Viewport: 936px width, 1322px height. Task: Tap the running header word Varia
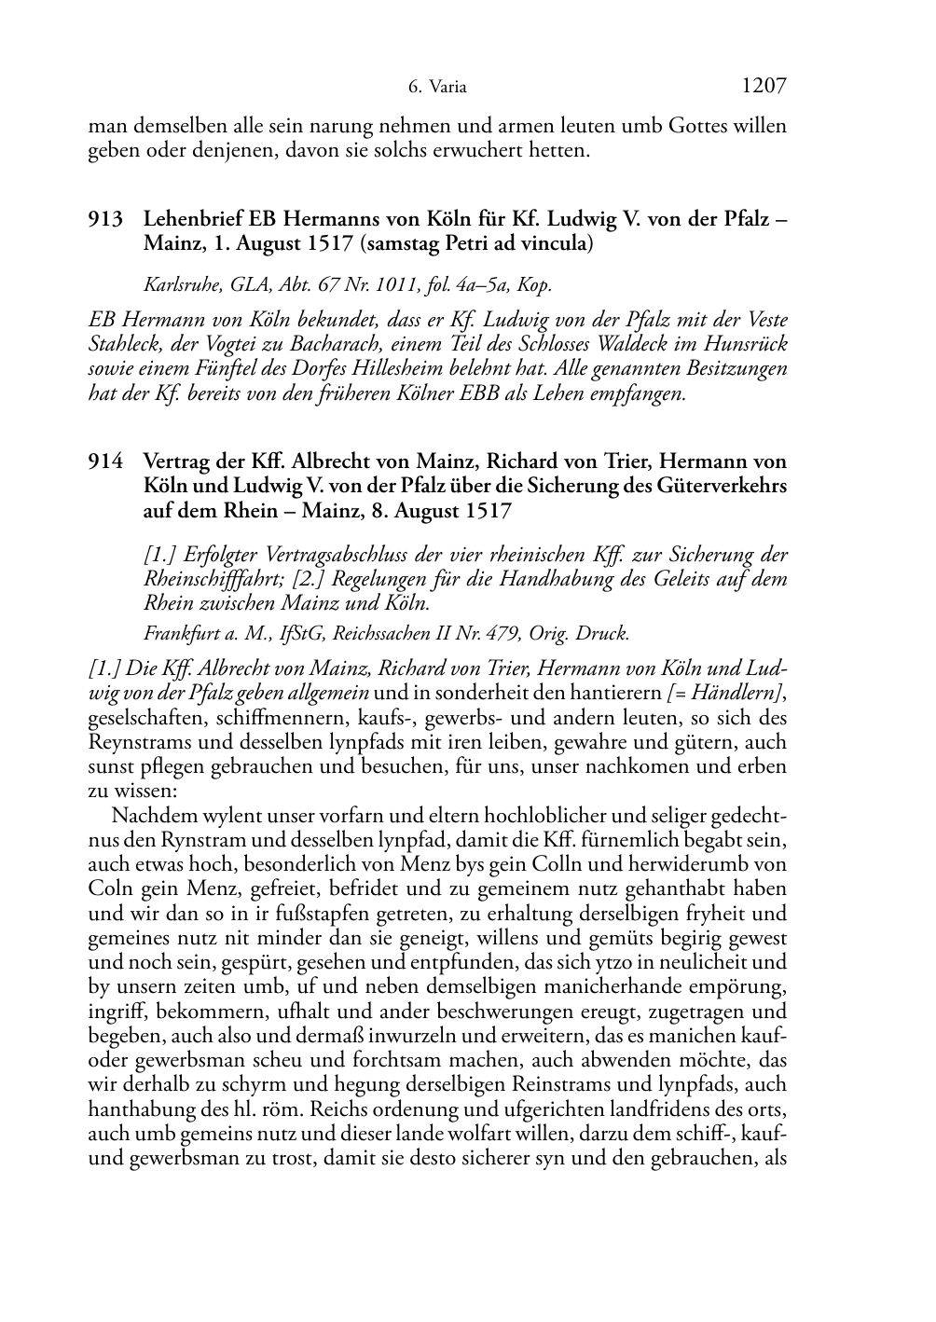coord(448,89)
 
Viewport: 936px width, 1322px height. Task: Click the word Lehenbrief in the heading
coord(192,220)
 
